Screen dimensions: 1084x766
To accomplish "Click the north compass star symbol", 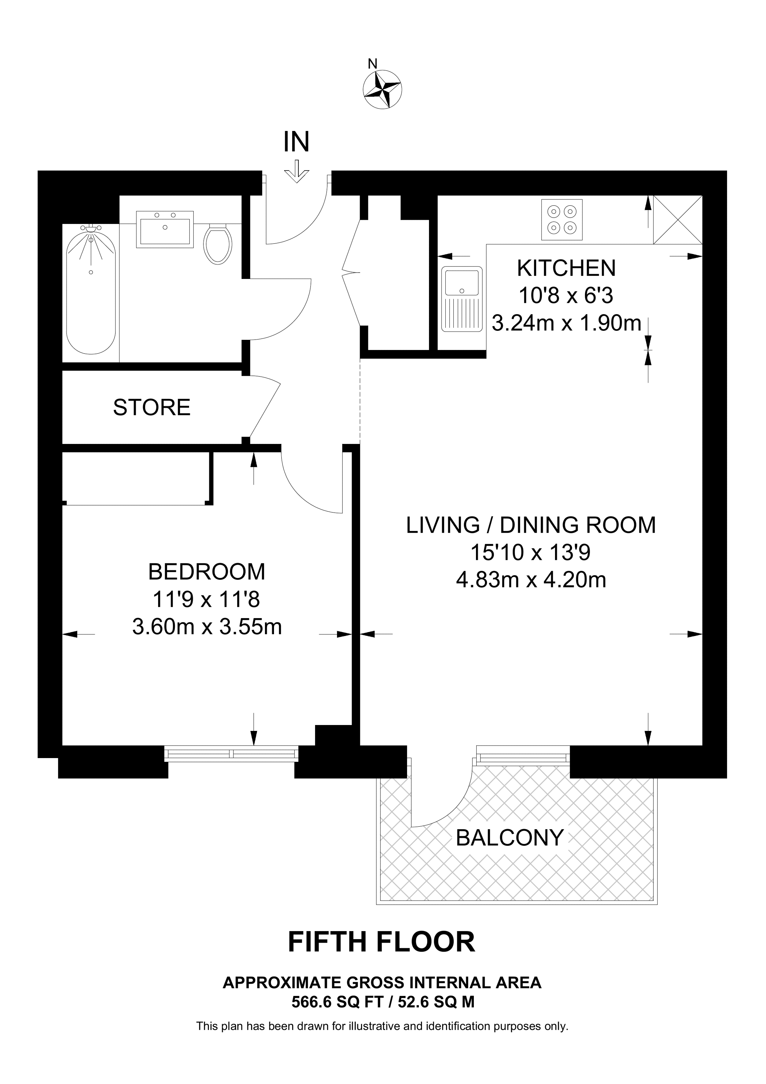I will click(x=383, y=89).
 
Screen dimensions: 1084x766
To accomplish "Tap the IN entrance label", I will click(x=296, y=142).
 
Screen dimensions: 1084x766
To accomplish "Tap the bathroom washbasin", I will click(x=165, y=229).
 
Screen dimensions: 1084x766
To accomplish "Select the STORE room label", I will click(x=151, y=407).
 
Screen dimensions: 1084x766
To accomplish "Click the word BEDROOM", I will click(x=207, y=572).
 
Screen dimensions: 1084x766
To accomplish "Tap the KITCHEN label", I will click(x=566, y=268).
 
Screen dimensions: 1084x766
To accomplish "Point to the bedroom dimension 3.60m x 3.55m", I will click(x=207, y=627).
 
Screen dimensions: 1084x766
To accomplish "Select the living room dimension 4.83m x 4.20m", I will click(x=531, y=580).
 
